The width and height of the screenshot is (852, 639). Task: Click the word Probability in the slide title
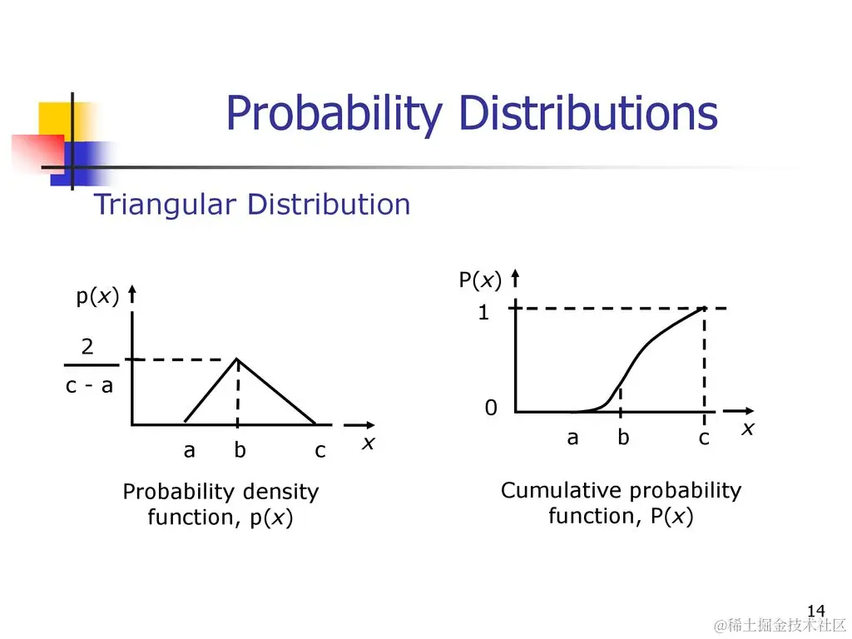pos(334,113)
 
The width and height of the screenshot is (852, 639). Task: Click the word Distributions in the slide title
pos(588,112)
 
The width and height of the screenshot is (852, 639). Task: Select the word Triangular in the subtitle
pos(166,206)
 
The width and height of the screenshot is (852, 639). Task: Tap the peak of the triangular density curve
pos(237,359)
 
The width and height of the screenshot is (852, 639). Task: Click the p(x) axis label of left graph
pos(97,297)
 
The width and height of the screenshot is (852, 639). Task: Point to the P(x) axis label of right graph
pos(480,280)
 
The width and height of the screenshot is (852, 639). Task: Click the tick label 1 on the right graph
pos(483,313)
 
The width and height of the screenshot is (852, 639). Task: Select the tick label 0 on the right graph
pos(491,408)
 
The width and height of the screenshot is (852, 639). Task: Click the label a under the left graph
pos(189,450)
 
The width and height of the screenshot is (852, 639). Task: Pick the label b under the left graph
pos(240,448)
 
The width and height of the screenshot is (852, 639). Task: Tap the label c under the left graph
pos(320,451)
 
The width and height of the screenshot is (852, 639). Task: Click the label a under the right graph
pos(572,438)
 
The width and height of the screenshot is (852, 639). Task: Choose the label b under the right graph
pos(623,436)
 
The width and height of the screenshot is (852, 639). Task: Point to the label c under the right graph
pos(704,438)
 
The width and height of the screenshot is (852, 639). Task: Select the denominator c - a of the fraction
pos(89,385)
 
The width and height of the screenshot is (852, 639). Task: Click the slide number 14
pos(816,611)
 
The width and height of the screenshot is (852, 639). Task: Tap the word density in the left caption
pos(280,491)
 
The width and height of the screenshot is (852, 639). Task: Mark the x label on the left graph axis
pos(369,443)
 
